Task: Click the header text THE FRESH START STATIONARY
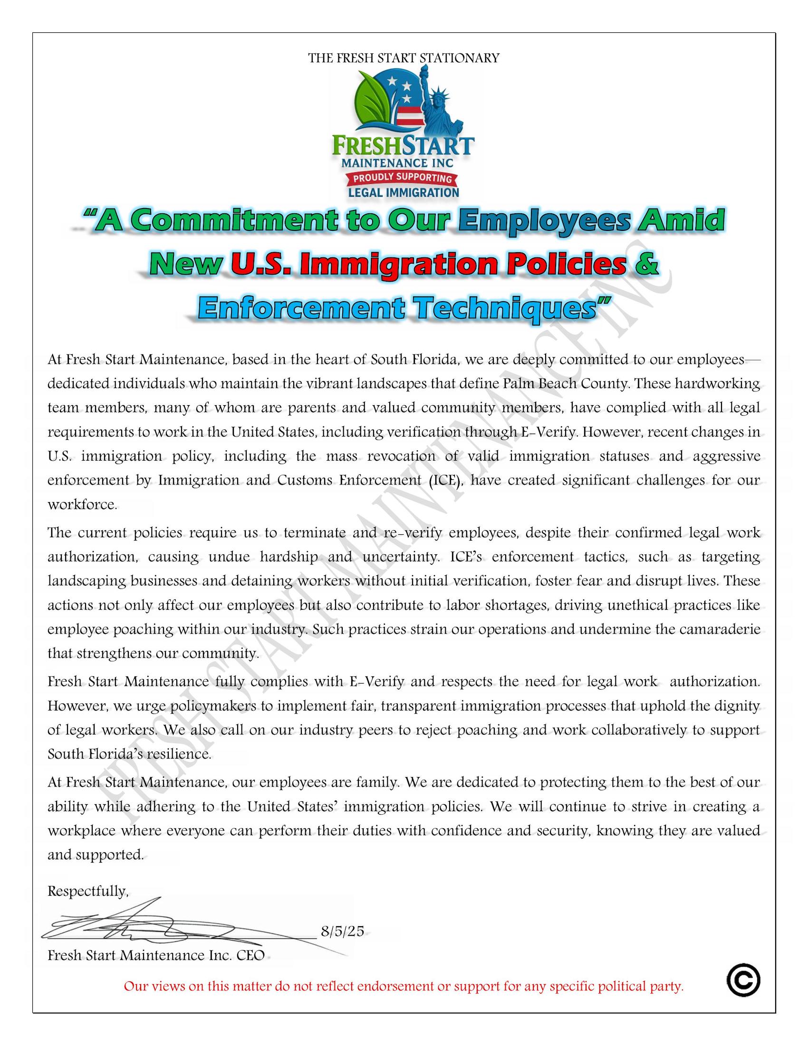coord(404,58)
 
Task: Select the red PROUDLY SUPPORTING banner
coord(402,179)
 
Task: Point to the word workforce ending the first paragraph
coord(82,505)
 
